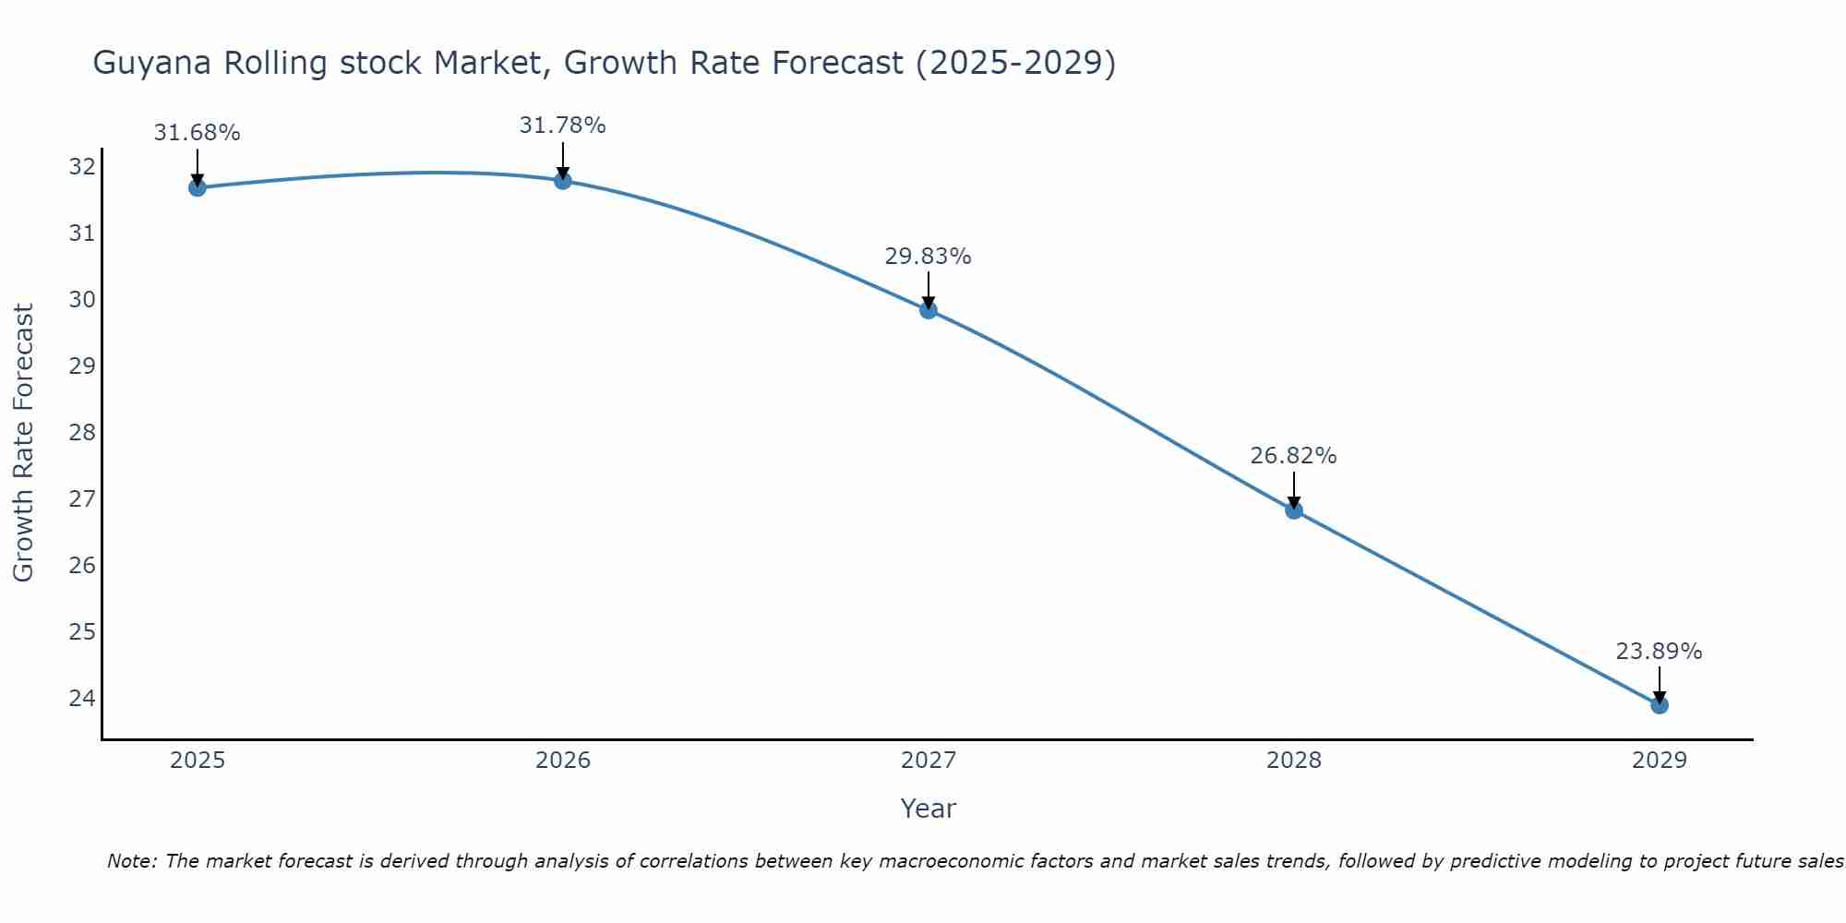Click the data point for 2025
tap(197, 187)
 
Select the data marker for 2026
tap(562, 181)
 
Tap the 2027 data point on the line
tap(928, 310)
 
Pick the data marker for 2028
tap(1293, 509)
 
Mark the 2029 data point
tap(1659, 705)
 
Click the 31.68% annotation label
tap(197, 133)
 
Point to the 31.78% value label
tap(562, 126)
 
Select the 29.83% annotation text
tap(928, 257)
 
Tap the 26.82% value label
tap(1293, 456)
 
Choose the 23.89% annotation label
tap(1659, 652)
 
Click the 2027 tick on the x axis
tap(928, 761)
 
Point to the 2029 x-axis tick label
tap(1659, 761)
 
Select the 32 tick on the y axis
tap(82, 167)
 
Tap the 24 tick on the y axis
tap(82, 698)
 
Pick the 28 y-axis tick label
tap(82, 432)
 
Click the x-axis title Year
tap(928, 809)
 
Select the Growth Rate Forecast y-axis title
tap(23, 443)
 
